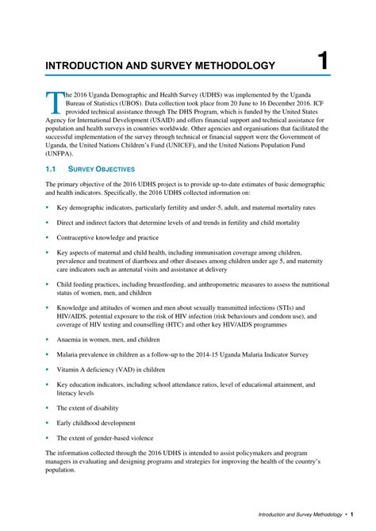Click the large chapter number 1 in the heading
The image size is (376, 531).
pyautogui.click(x=322, y=61)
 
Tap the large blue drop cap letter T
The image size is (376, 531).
pyautogui.click(x=53, y=102)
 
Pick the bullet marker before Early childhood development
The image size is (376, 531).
pyautogui.click(x=47, y=422)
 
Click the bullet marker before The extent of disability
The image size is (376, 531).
pyautogui.click(x=47, y=407)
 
